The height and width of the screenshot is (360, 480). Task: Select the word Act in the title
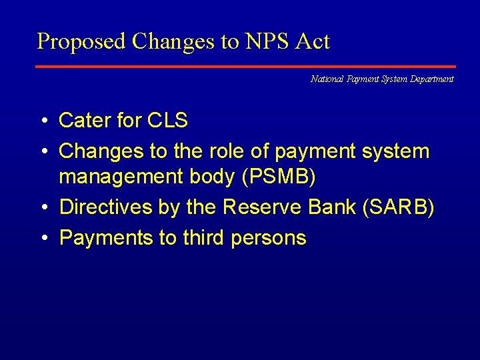click(x=313, y=42)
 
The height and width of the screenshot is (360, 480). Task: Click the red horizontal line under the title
click(x=245, y=67)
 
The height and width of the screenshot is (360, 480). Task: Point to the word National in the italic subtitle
click(x=326, y=79)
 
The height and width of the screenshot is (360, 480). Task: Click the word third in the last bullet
click(x=205, y=238)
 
